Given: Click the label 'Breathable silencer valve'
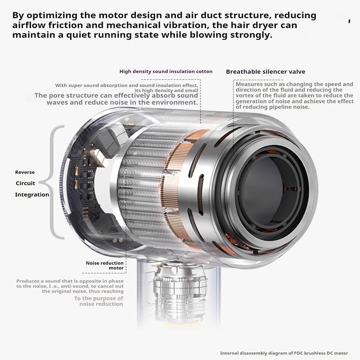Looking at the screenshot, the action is pos(265,72).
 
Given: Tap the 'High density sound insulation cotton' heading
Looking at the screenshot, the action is pos(166,72).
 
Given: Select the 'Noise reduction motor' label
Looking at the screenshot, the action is pos(105,265).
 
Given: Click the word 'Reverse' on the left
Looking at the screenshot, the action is pos(25,172).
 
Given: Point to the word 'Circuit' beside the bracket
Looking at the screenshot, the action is pos(25,183).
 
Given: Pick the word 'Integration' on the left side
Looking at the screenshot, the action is pos(32,195).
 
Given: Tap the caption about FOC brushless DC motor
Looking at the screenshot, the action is pos(284,353).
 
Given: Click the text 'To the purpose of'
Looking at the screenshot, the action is pos(99,298).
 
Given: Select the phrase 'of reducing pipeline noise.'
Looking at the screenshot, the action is pos(273,107).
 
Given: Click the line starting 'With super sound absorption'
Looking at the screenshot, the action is pos(126,85).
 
